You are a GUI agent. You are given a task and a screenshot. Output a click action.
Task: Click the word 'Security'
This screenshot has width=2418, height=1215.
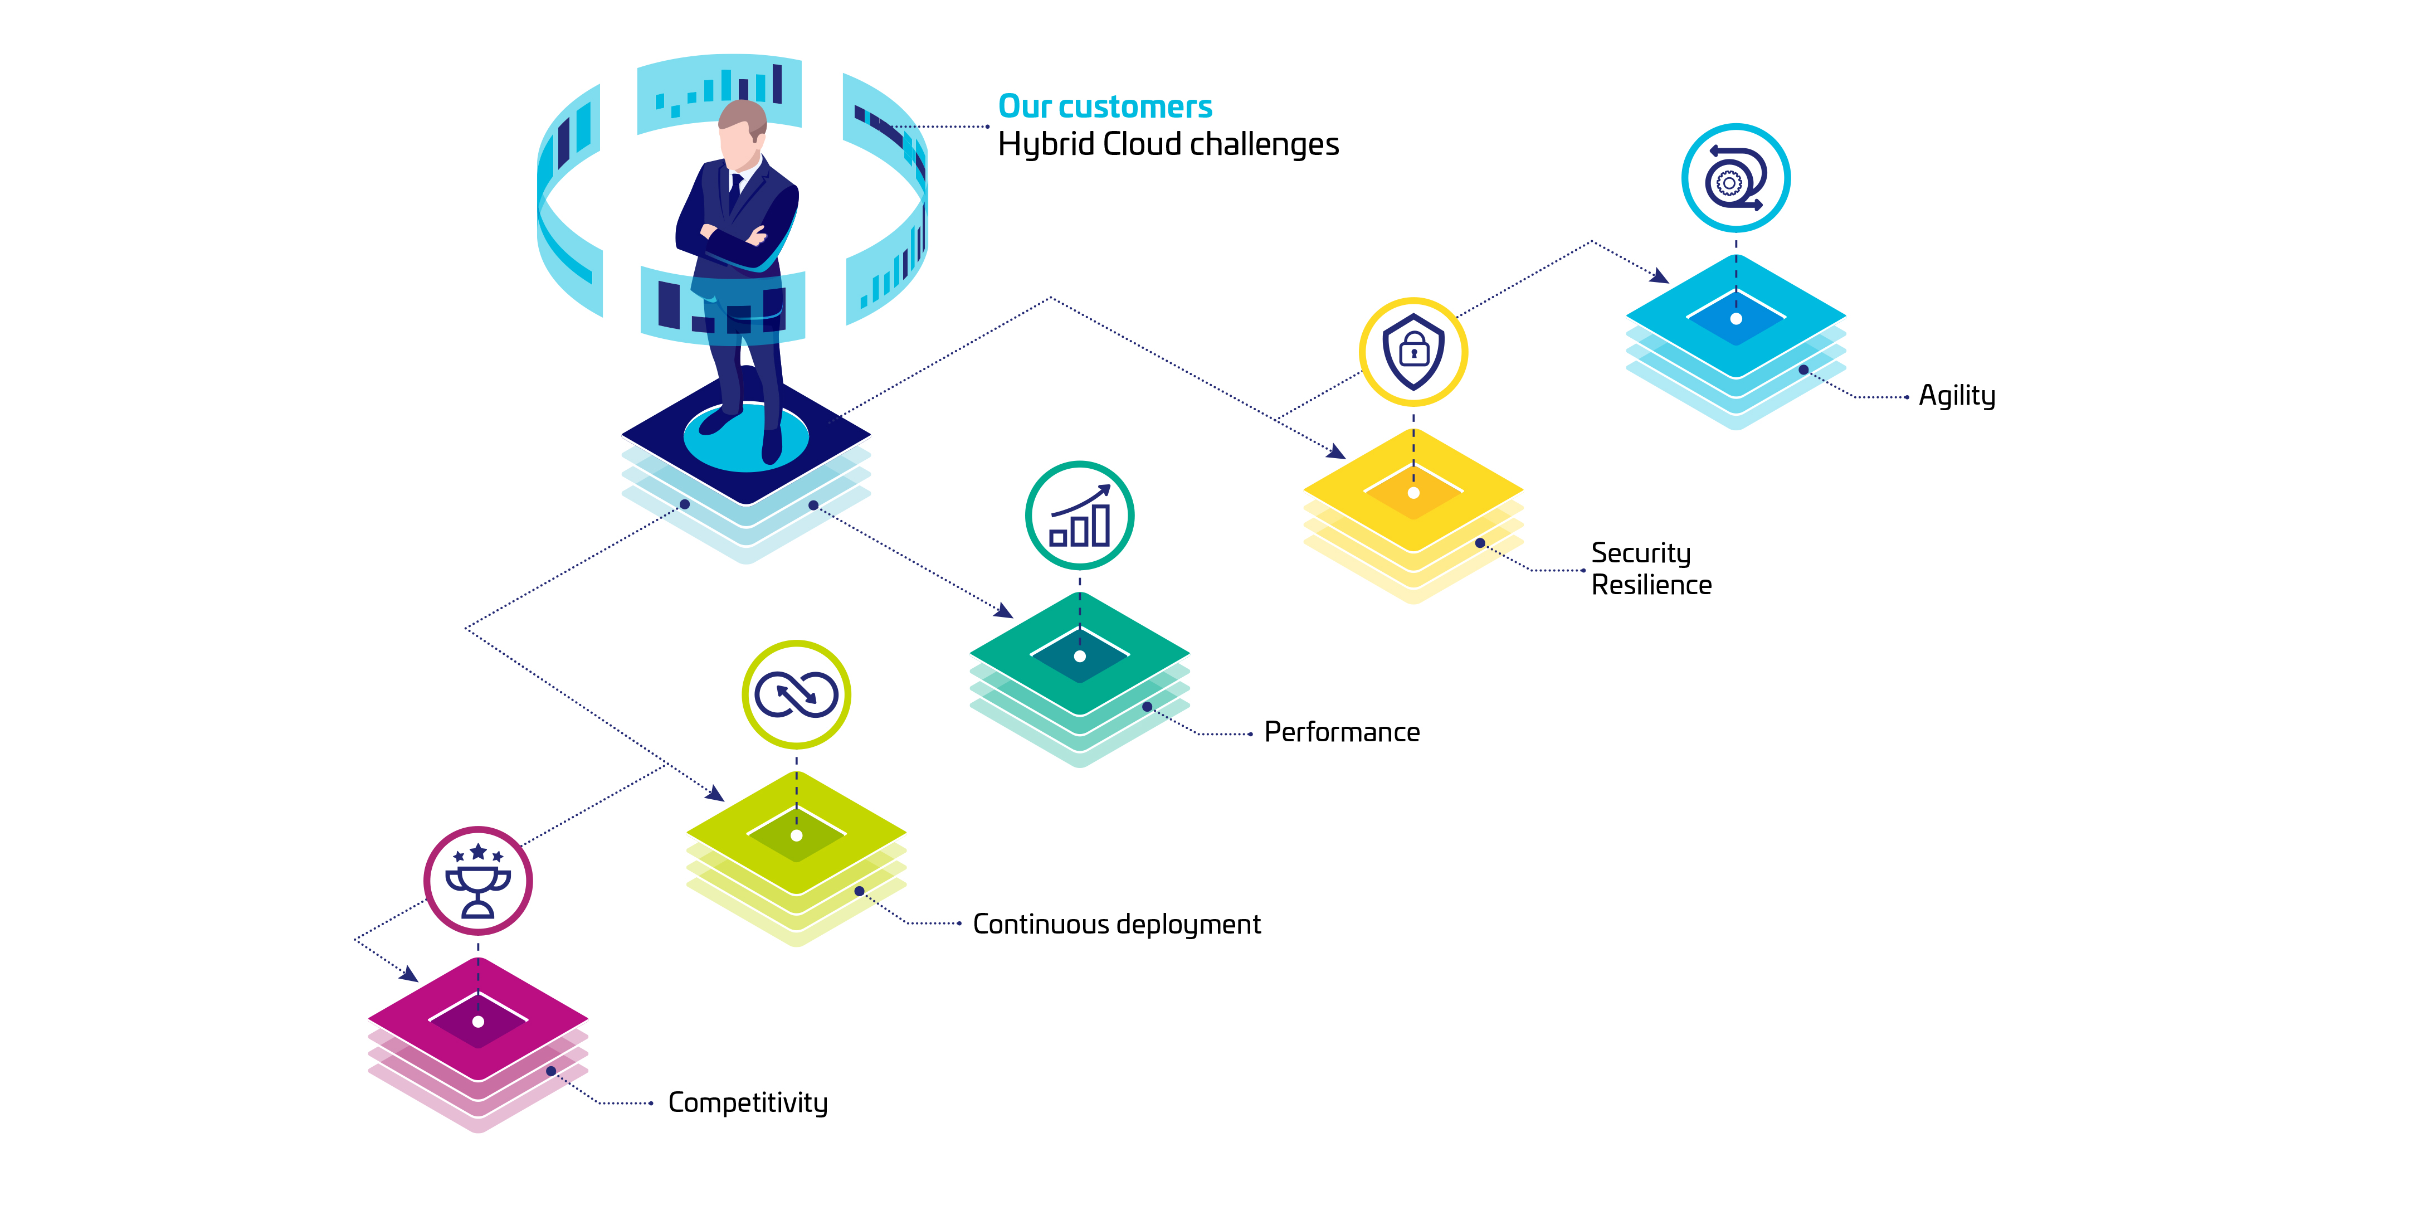1641,553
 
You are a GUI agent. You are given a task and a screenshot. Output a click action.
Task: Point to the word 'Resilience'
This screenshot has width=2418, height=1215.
1651,585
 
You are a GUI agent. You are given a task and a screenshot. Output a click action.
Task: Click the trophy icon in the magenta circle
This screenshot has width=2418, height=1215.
478,881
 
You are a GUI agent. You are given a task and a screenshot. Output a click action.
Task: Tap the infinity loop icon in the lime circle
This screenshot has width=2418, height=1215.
796,695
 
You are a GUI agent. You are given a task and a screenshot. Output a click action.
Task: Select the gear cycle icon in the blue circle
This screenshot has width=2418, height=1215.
1735,177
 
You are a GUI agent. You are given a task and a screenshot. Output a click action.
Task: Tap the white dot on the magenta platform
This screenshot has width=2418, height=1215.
478,1022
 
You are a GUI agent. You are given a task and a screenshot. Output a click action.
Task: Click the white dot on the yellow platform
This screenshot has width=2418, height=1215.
1413,493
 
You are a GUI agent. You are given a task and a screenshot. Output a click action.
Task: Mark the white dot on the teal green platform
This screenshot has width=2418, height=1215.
1080,657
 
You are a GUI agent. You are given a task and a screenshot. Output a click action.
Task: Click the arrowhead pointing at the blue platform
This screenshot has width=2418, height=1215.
1660,276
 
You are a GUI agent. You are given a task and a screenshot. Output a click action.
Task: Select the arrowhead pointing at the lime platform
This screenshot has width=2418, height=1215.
715,794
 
